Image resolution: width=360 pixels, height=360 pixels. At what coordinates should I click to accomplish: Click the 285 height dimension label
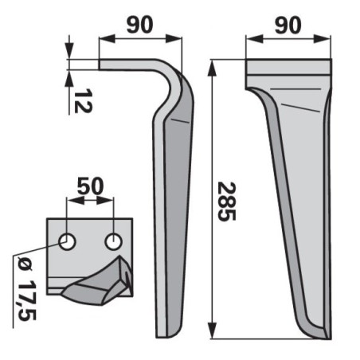226,202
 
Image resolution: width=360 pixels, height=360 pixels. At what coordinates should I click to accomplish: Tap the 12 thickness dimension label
83,100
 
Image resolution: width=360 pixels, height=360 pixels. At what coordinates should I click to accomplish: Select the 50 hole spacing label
90,186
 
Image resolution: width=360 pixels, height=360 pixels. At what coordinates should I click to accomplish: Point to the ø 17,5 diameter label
26,289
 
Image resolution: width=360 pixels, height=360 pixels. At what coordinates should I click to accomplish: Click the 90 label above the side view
139,25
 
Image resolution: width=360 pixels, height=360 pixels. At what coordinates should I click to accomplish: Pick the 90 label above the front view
288,25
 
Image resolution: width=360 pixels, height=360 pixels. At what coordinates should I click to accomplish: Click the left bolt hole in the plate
67,242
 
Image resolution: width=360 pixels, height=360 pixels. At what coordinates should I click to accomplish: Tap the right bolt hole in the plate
114,242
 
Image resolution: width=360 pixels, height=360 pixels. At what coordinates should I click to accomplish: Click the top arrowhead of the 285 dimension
212,68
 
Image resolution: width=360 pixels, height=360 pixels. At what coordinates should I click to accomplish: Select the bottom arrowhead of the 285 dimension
212,331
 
